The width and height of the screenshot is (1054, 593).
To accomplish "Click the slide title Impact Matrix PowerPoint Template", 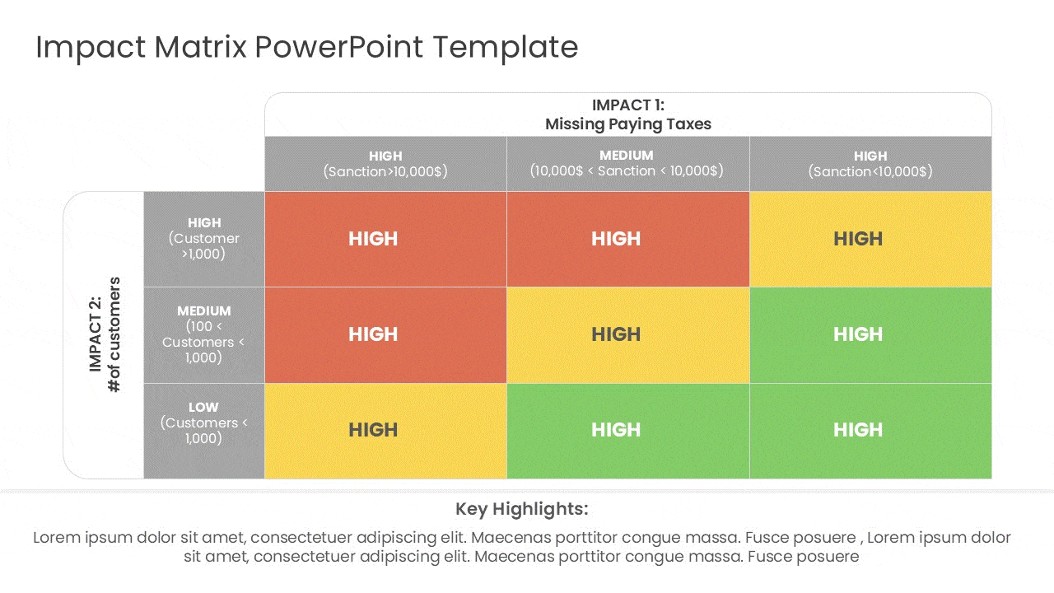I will point(306,48).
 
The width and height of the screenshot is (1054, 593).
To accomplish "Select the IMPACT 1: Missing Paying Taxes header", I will point(627,114).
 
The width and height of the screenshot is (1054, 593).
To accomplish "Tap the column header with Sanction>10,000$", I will point(385,164).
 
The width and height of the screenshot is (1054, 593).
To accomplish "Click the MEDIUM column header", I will point(627,163).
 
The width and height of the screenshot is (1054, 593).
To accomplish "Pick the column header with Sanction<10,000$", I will point(870,164).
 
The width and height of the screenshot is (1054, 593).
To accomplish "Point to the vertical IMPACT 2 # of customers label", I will point(105,334).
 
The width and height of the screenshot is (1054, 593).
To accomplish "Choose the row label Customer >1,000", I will point(204,239).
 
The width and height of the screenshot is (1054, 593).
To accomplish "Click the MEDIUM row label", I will point(204,334).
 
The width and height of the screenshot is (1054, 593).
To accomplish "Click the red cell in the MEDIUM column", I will point(627,239).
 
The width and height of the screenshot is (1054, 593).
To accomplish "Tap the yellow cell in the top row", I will point(870,239).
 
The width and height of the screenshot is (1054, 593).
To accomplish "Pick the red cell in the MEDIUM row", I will point(385,334).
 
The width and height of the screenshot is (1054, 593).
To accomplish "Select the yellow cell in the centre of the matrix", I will point(627,334).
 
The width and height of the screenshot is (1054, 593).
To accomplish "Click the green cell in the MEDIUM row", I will point(870,334).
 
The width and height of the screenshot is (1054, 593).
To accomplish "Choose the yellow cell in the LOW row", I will point(385,430).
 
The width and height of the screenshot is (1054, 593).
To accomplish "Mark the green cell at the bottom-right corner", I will point(870,430).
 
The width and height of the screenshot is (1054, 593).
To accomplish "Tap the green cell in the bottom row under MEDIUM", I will point(627,430).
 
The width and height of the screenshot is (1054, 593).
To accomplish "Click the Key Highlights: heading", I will point(522,509).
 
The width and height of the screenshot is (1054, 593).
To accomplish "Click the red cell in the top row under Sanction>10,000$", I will point(385,239).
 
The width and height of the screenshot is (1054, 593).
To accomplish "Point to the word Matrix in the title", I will point(201,48).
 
